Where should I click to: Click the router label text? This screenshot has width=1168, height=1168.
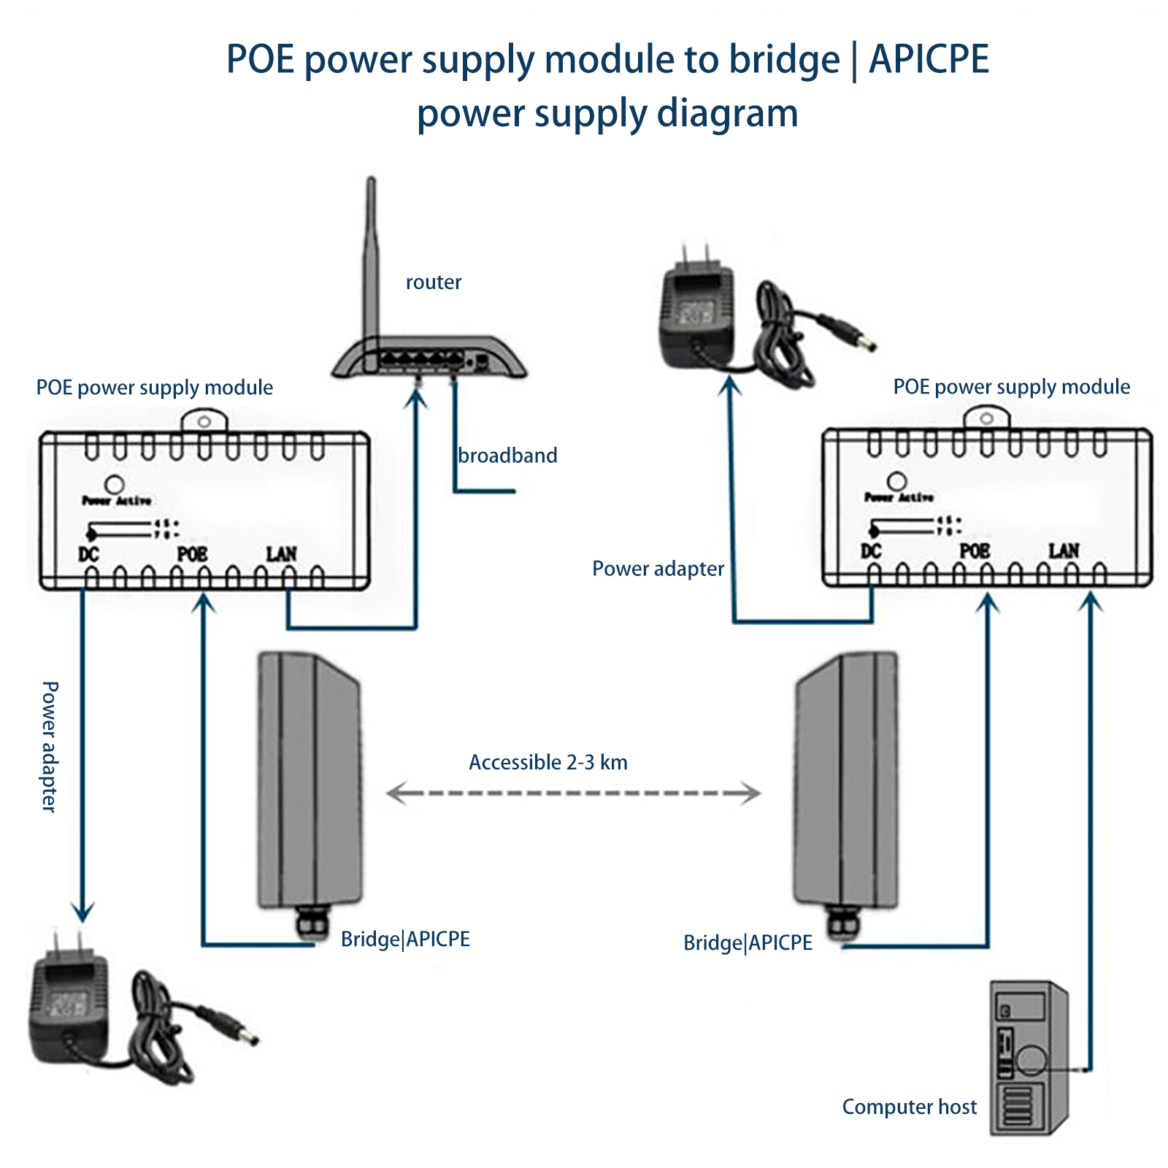(x=433, y=283)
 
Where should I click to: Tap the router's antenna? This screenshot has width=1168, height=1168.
(x=371, y=255)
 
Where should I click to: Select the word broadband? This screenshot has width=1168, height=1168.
(x=507, y=456)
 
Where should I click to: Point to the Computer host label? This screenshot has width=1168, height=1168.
(x=909, y=1107)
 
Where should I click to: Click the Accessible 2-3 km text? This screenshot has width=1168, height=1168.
(x=547, y=762)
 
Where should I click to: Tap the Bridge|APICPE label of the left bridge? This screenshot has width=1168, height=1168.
(x=405, y=939)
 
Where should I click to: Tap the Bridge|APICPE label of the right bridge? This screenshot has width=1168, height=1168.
(x=748, y=942)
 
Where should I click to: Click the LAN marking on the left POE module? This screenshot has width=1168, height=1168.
(x=281, y=554)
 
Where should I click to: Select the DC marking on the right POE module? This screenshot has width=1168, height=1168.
(x=871, y=550)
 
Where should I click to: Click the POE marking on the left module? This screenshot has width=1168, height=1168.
(x=193, y=554)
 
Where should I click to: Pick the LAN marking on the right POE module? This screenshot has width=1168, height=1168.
(x=1064, y=550)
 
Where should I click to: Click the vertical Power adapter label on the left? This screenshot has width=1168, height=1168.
(x=49, y=746)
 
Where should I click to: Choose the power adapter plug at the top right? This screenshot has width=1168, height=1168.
(x=697, y=307)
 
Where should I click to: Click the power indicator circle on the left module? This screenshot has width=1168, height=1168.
(x=115, y=484)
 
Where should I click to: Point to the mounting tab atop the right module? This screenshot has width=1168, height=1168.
(x=986, y=418)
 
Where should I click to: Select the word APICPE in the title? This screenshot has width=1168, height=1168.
(x=929, y=59)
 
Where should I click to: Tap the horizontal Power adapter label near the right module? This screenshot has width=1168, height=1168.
(x=658, y=569)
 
